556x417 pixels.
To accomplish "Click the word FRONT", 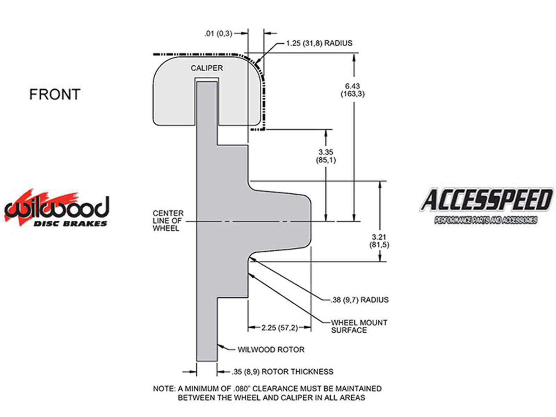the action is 55,94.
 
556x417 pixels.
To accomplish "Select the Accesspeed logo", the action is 486,206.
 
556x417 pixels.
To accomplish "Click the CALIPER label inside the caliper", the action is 207,68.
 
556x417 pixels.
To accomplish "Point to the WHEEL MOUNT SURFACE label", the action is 359,326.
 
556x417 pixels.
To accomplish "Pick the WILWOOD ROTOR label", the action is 271,350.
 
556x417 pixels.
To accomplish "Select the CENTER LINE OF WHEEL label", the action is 168,221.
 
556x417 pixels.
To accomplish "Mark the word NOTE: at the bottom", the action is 164,389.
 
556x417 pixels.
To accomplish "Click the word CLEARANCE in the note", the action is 275,389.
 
